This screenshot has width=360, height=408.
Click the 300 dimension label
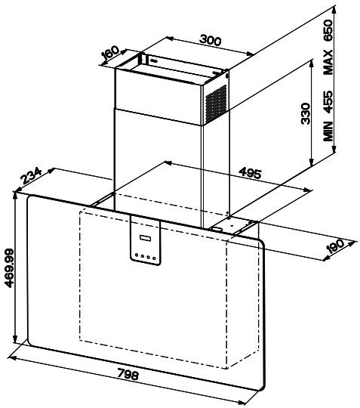pos(211,40)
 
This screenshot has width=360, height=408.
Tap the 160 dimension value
pos(110,53)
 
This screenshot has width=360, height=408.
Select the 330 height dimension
pos(306,113)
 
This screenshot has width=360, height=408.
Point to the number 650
pos(328,30)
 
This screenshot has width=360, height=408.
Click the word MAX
pos(328,63)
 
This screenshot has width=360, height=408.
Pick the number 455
pos(328,101)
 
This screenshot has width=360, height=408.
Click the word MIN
pos(328,131)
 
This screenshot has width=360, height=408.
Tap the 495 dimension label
pos(250,173)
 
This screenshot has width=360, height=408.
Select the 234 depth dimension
pos(32,175)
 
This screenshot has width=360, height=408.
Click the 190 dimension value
pos(335,246)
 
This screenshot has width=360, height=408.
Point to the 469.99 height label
pos(9,268)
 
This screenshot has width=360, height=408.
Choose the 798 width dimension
pos(128,375)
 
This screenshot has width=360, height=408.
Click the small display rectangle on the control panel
pos(146,238)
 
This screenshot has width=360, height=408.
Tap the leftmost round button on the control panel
pos(137,255)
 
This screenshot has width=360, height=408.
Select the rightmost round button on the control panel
pos(155,258)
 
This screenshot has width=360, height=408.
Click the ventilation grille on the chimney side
pos(216,104)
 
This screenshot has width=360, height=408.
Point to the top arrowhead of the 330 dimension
pos(312,63)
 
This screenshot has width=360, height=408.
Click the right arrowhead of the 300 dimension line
pos(250,54)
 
